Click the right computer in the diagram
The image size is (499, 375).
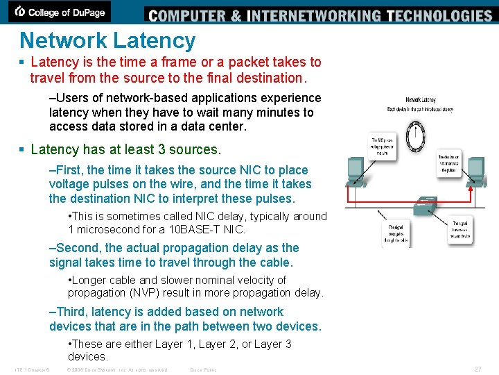(x=477, y=169)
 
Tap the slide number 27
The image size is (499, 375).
(x=477, y=369)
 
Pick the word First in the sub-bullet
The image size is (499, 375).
(x=69, y=170)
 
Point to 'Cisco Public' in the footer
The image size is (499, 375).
(x=203, y=369)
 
